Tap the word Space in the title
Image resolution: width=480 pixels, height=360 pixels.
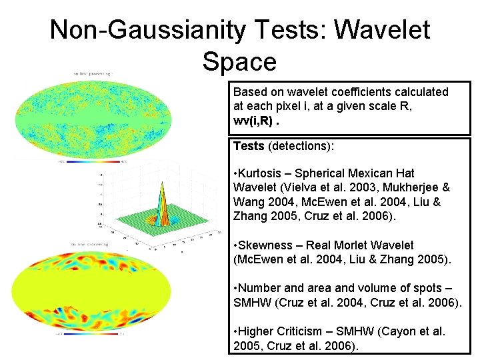click(x=239, y=61)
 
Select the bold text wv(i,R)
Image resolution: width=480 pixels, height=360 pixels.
click(x=251, y=121)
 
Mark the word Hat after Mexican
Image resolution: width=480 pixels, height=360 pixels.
click(x=403, y=173)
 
